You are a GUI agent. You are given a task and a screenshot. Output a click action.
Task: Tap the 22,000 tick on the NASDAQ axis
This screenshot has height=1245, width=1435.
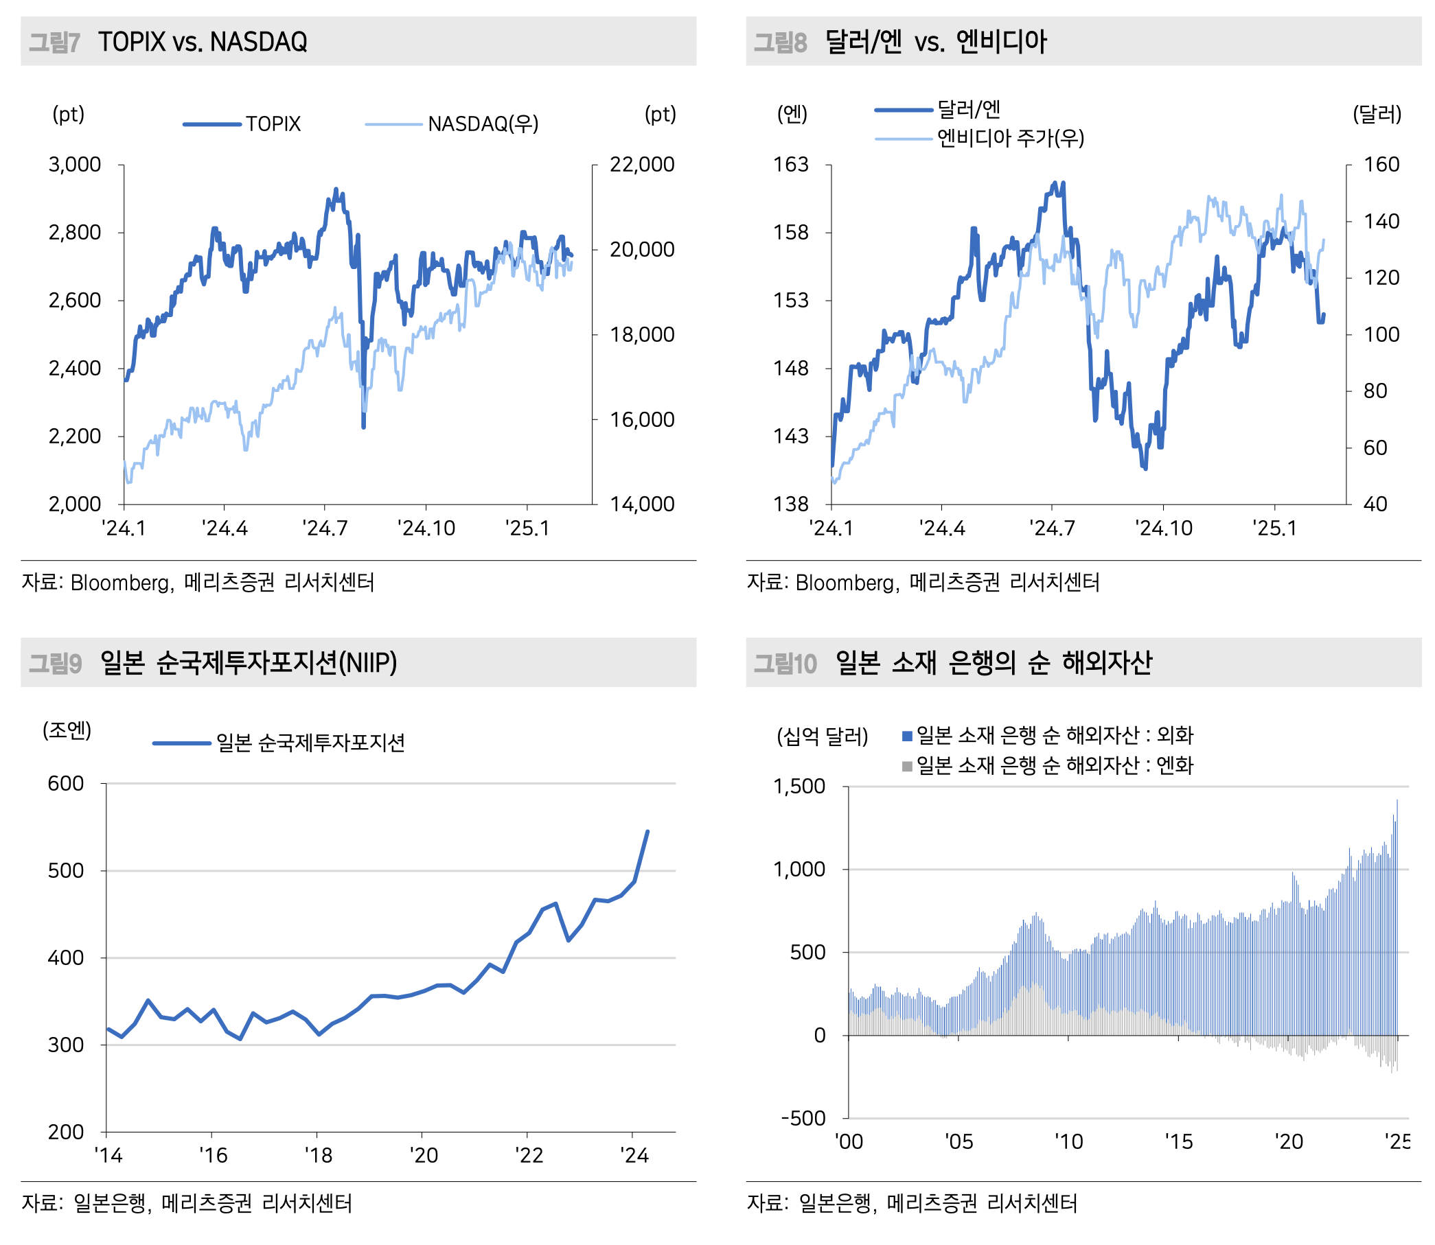click(641, 165)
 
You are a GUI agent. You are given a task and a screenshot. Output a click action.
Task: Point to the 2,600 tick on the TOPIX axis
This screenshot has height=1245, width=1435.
click(74, 301)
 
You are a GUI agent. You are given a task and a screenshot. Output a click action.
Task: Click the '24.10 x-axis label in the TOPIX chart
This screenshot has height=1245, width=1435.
click(426, 528)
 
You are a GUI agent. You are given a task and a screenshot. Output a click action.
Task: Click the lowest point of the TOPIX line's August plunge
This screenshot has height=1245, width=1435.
click(363, 426)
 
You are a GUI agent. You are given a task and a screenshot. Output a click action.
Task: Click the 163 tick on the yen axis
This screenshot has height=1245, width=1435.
click(791, 165)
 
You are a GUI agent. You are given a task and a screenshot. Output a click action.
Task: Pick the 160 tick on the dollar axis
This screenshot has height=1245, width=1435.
click(1381, 165)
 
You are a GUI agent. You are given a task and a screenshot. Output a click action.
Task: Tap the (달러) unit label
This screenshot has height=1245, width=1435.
click(1376, 114)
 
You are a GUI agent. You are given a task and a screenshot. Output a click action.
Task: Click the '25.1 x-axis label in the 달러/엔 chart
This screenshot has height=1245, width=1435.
click(1274, 528)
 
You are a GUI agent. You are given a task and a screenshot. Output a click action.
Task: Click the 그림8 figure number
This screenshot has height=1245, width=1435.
click(780, 43)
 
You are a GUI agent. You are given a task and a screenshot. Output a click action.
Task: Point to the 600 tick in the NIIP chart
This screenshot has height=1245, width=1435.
click(65, 784)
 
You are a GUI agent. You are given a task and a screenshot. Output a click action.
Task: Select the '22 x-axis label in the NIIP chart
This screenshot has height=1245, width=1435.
click(528, 1155)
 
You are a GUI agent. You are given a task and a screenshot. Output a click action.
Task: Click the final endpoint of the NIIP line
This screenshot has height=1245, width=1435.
click(647, 831)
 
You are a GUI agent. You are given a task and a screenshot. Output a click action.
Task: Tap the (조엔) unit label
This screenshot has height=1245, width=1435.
click(67, 730)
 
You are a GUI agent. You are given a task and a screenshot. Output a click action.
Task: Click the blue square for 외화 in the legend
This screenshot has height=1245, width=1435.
click(907, 736)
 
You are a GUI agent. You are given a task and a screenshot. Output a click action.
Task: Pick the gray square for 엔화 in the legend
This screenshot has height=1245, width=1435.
click(907, 767)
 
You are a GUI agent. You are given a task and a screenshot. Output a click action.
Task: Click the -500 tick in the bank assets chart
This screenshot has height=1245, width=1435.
click(803, 1119)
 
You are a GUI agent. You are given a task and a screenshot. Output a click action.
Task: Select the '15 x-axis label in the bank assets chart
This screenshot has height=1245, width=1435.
click(1179, 1141)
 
